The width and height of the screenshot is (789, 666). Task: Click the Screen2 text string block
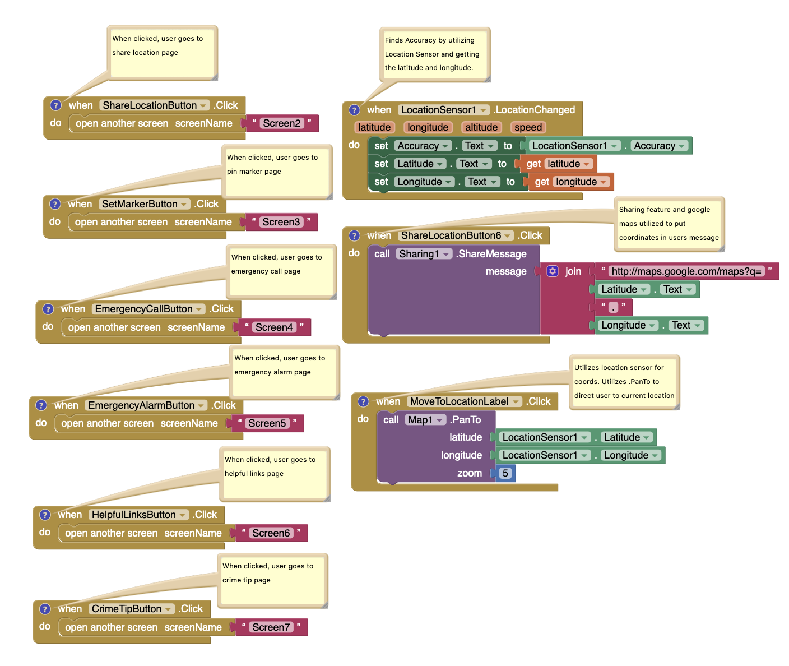click(282, 123)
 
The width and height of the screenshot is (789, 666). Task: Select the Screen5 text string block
click(267, 423)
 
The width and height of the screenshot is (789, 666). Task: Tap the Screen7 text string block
click(271, 627)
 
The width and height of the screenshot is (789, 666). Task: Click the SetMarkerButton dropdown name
click(144, 204)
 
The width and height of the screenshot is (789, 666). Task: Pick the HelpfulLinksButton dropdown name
click(138, 515)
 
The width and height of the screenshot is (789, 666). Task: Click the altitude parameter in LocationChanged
click(481, 127)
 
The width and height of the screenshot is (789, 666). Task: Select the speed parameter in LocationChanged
click(528, 127)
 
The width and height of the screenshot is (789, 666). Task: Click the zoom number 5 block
click(505, 473)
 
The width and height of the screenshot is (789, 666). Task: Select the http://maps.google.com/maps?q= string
click(686, 271)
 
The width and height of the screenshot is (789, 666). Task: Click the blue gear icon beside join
click(553, 271)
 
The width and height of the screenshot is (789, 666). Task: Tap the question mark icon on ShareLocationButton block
click(55, 105)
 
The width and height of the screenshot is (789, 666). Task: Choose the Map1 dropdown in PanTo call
click(425, 420)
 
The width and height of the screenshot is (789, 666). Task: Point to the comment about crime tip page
click(272, 580)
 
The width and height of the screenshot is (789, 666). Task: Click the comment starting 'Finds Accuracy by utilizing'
click(434, 54)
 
